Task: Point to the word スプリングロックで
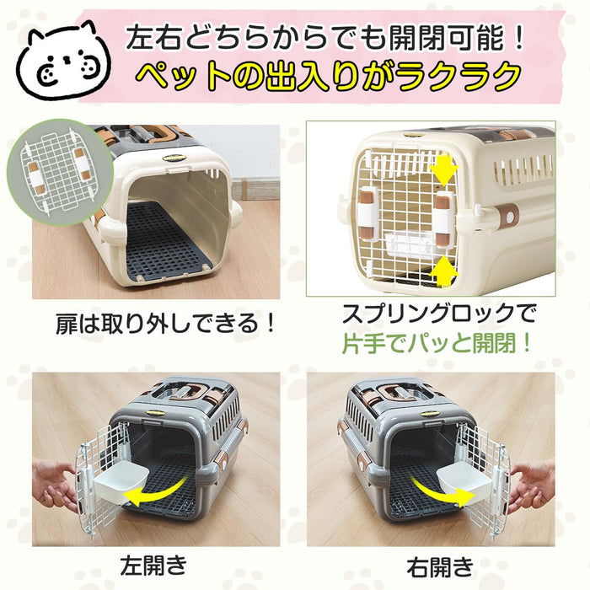pyautogui.click(x=438, y=314)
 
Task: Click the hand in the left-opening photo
pyautogui.click(x=52, y=485)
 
